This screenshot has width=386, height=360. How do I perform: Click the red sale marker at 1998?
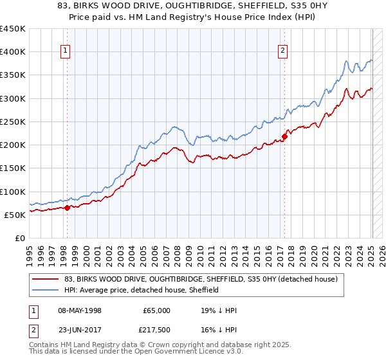tap(67, 208)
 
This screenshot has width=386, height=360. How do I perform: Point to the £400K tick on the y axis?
tap(13, 52)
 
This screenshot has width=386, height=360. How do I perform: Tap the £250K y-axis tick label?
tap(13, 122)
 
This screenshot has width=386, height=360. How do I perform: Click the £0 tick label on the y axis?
tap(19, 239)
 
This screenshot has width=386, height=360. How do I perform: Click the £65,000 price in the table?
tap(156, 310)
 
